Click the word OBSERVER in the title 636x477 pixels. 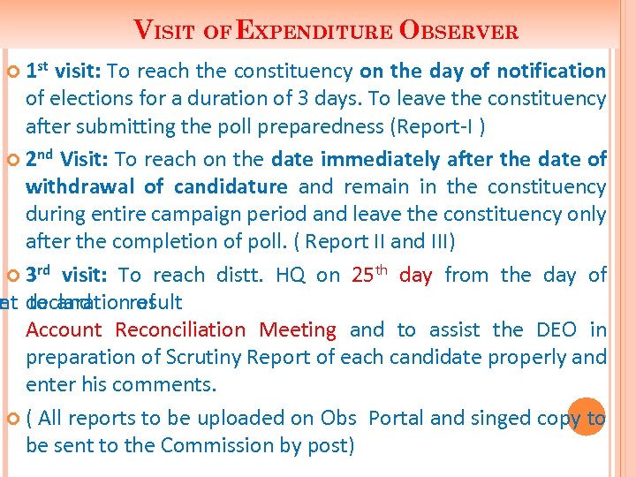pos(459,31)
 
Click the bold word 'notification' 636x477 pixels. pos(551,71)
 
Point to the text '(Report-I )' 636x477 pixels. pos(436,126)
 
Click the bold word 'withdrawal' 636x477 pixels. pos(80,186)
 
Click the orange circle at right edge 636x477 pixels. pos(586,417)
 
